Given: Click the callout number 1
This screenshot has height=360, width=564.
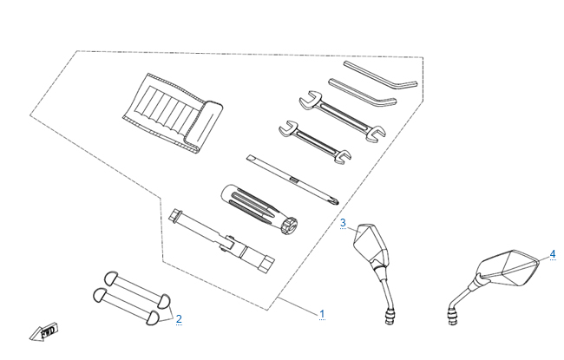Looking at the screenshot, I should [x=322, y=314].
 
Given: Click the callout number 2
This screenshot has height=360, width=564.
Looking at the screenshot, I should [x=179, y=318].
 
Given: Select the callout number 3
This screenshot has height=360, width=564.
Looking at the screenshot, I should [x=343, y=223].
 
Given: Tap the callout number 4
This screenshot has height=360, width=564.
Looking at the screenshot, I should [x=552, y=254].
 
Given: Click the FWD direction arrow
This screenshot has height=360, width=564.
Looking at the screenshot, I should [x=43, y=331].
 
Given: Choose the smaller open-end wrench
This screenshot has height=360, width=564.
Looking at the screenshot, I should [x=313, y=140].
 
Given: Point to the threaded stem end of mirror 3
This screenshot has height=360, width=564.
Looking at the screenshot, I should [x=389, y=314].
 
